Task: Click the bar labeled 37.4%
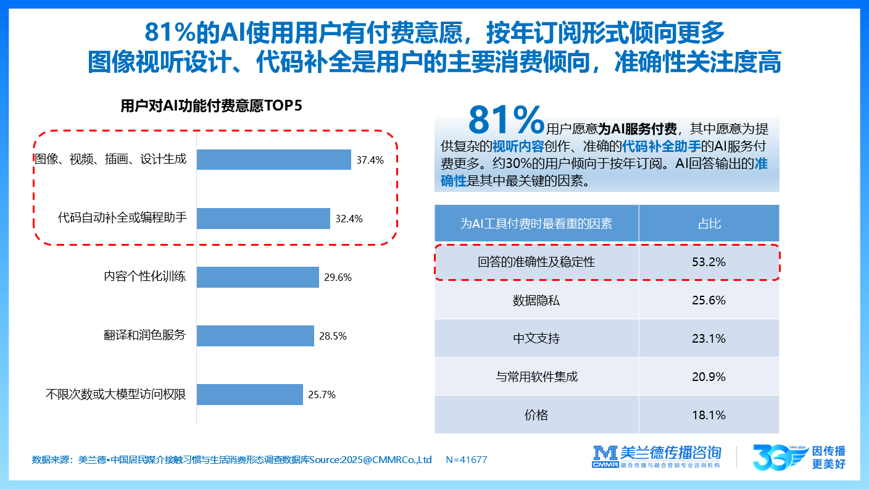[x=273, y=160]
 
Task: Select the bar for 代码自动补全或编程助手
[x=263, y=219]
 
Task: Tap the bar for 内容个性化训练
[x=257, y=277]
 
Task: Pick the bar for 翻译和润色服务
[x=255, y=336]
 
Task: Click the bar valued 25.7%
[x=249, y=395]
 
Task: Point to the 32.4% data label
[x=349, y=219]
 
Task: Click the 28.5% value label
[x=333, y=336]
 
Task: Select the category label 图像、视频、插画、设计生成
[x=110, y=159]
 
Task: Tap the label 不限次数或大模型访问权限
[x=115, y=395]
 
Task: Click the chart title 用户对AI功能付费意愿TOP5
[x=212, y=106]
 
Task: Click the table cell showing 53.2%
[x=709, y=262]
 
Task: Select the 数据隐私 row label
[x=536, y=301]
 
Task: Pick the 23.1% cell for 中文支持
[x=709, y=339]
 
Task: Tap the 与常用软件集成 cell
[x=536, y=377]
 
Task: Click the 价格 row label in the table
[x=536, y=415]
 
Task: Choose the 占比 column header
[x=709, y=224]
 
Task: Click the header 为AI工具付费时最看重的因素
[x=536, y=224]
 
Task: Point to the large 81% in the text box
[x=506, y=120]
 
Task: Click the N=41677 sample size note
[x=466, y=460]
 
